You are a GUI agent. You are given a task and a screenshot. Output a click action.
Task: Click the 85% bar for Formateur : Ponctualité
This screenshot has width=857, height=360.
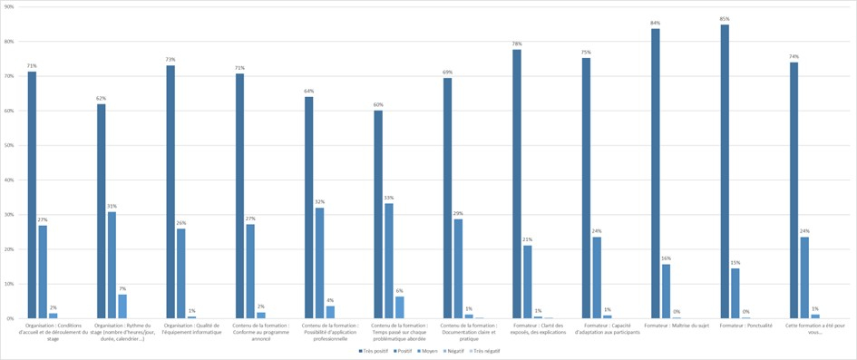[725, 171]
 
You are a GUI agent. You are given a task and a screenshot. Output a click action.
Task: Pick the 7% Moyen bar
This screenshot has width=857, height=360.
[122, 306]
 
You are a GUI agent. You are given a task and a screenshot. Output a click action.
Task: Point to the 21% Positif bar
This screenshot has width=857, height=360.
[527, 282]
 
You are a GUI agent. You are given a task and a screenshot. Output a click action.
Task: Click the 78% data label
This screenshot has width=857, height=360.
[516, 44]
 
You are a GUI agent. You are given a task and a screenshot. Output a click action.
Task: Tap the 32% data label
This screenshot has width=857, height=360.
[319, 202]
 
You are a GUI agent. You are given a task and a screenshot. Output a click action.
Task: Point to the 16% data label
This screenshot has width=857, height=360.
[666, 258]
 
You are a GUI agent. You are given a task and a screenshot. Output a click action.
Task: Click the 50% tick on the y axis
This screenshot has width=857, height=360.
[9, 145]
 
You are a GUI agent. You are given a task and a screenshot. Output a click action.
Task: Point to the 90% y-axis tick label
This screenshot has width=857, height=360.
[9, 6]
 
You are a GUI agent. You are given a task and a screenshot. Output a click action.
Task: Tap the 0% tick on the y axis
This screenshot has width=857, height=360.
[10, 318]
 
